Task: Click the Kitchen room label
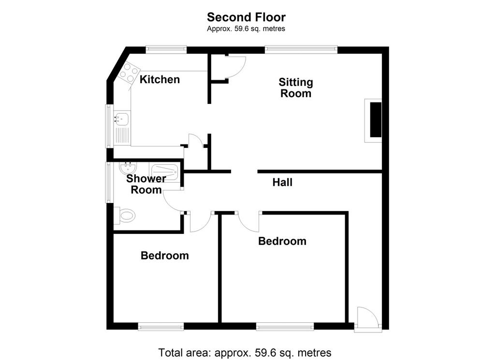(160, 80)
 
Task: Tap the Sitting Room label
(296, 88)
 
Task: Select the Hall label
(282, 182)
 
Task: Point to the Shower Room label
(146, 184)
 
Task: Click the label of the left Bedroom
(164, 256)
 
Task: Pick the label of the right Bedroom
(282, 241)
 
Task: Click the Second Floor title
(246, 17)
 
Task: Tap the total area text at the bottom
(245, 352)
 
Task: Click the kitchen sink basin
(122, 117)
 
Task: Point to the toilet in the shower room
(126, 216)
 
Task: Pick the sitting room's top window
(301, 49)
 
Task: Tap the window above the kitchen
(166, 49)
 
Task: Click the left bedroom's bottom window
(161, 327)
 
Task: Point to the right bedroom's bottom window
(285, 327)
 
